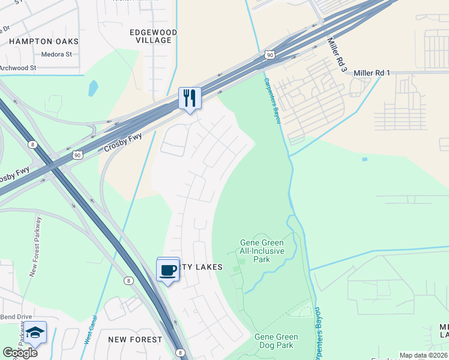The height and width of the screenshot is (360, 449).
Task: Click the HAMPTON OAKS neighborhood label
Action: (44, 41)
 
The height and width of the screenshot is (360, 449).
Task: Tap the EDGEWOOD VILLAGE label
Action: (154, 36)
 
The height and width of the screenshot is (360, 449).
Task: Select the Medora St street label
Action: (56, 54)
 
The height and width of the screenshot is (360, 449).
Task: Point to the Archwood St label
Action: (18, 68)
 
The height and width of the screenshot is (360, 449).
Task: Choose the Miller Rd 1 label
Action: (372, 73)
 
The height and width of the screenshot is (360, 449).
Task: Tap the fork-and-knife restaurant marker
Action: (190, 98)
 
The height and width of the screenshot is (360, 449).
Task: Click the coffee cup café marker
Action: (168, 270)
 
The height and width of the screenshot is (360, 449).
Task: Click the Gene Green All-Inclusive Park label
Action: (262, 251)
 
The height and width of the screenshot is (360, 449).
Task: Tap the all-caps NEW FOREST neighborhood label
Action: (135, 340)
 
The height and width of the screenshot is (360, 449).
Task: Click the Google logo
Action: (20, 352)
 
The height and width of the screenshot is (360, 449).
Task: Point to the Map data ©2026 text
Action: (423, 355)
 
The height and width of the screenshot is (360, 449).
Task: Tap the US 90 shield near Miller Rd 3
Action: (270, 55)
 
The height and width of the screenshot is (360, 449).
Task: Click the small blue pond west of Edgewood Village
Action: (93, 88)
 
